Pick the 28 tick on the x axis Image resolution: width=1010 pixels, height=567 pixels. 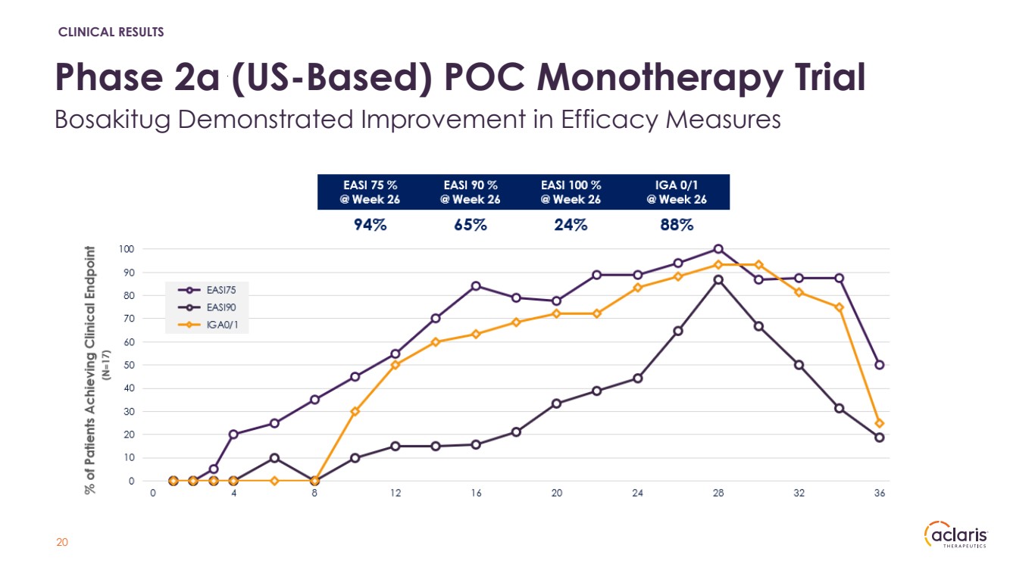click(718, 494)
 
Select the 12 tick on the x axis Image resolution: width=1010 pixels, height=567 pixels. click(395, 494)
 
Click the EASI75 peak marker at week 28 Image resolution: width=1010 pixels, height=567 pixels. click(718, 249)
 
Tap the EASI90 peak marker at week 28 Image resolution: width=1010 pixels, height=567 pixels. click(718, 279)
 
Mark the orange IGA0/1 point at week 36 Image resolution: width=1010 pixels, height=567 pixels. click(880, 423)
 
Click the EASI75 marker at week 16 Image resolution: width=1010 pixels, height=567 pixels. click(476, 285)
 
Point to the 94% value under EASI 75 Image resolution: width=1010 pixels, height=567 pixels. click(371, 225)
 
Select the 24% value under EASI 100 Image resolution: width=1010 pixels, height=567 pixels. click(571, 225)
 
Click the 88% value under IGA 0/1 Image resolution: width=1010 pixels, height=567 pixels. click(677, 225)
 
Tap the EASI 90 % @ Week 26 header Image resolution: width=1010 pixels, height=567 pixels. click(470, 192)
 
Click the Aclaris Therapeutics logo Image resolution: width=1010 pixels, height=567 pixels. click(955, 537)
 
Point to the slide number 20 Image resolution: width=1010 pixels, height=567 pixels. click(63, 543)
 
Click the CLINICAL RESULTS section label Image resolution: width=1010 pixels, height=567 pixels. click(111, 32)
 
